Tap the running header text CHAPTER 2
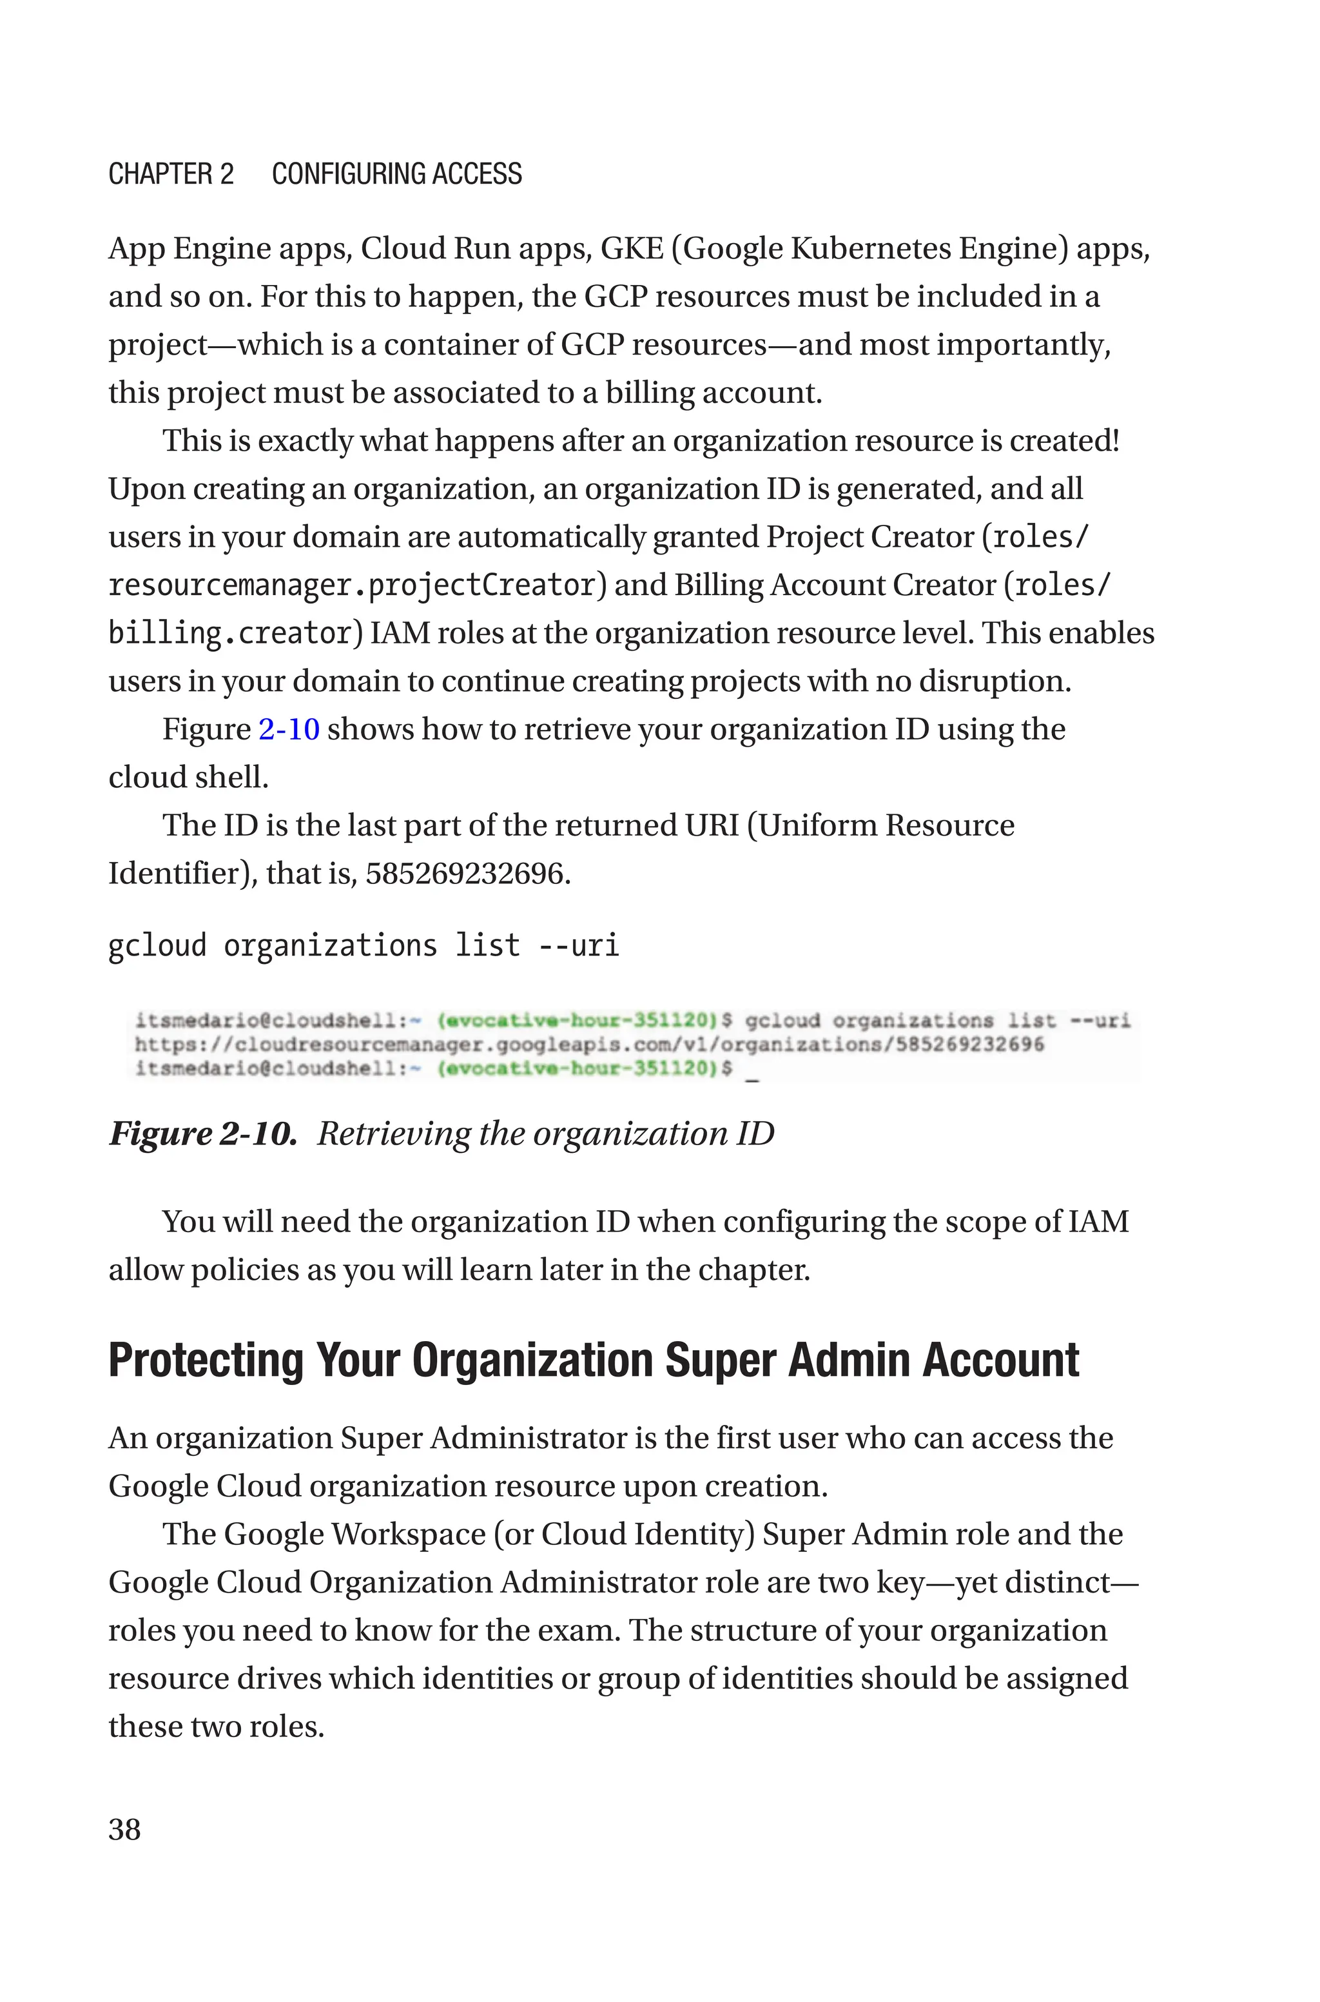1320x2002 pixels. (171, 174)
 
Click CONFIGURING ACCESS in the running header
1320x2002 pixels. (396, 174)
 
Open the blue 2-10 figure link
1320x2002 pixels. (289, 729)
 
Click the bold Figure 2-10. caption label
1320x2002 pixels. (203, 1134)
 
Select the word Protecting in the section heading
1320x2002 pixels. (206, 1360)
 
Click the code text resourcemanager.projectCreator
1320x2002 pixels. (352, 585)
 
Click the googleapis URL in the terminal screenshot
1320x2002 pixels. (588, 1045)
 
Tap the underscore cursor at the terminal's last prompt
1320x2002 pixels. (752, 1076)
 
